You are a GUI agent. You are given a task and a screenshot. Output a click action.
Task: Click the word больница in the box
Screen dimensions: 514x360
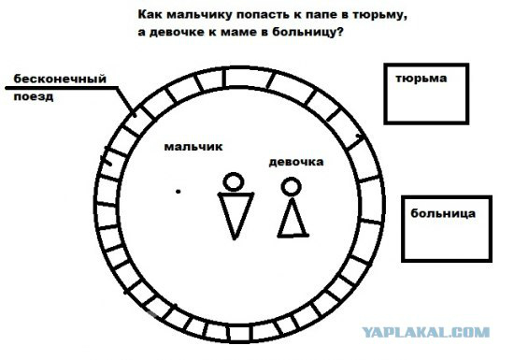(x=443, y=213)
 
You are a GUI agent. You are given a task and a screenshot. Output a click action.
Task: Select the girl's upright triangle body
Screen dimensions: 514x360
(x=293, y=220)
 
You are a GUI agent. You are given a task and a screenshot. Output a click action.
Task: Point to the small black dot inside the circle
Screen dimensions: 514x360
(x=178, y=191)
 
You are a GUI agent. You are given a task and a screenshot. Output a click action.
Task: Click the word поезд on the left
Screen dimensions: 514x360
(x=34, y=97)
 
